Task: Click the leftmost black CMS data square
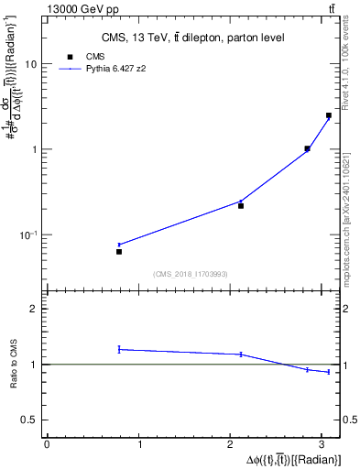pyautogui.click(x=119, y=251)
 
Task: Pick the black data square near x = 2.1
pyautogui.click(x=241, y=206)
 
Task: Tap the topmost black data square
pyautogui.click(x=329, y=115)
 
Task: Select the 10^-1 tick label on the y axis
pyautogui.click(x=28, y=234)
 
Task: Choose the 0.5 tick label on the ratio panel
pyautogui.click(x=29, y=420)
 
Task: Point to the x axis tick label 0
pyautogui.click(x=47, y=445)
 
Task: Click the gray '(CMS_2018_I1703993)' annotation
pyautogui.click(x=191, y=274)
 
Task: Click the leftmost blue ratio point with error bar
pyautogui.click(x=119, y=349)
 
